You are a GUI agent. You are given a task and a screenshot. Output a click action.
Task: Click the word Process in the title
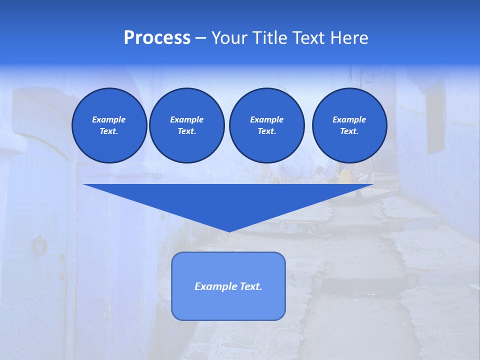tap(157, 38)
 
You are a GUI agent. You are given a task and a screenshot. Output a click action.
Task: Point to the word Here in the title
tap(349, 38)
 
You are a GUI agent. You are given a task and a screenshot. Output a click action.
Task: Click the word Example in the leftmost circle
tap(109, 119)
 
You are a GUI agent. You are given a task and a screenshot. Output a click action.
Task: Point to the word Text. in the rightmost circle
tap(349, 131)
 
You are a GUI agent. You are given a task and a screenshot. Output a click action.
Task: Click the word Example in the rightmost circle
tap(349, 119)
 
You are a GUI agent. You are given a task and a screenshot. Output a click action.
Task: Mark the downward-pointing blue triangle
tap(228, 200)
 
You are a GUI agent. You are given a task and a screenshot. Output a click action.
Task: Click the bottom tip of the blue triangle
tap(228, 230)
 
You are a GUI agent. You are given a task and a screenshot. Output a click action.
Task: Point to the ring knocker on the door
tap(39, 245)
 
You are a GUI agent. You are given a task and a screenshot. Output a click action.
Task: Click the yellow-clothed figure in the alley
tap(345, 177)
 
